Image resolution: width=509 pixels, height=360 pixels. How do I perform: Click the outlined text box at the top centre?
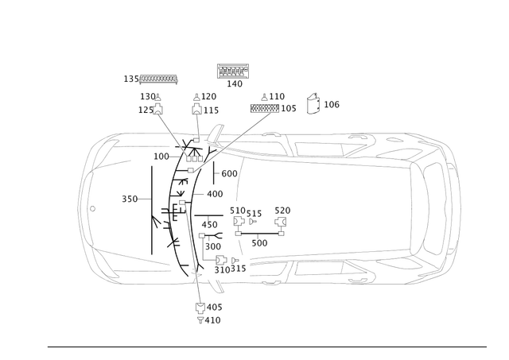(x=233, y=70)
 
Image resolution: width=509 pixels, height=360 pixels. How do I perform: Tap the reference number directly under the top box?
(x=233, y=83)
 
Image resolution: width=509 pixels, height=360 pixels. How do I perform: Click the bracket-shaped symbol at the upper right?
(x=314, y=104)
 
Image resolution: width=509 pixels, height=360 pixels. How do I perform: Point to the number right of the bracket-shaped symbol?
(x=332, y=104)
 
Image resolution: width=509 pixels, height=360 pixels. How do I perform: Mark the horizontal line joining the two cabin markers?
(x=258, y=225)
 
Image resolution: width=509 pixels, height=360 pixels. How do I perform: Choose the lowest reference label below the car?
(x=208, y=319)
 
